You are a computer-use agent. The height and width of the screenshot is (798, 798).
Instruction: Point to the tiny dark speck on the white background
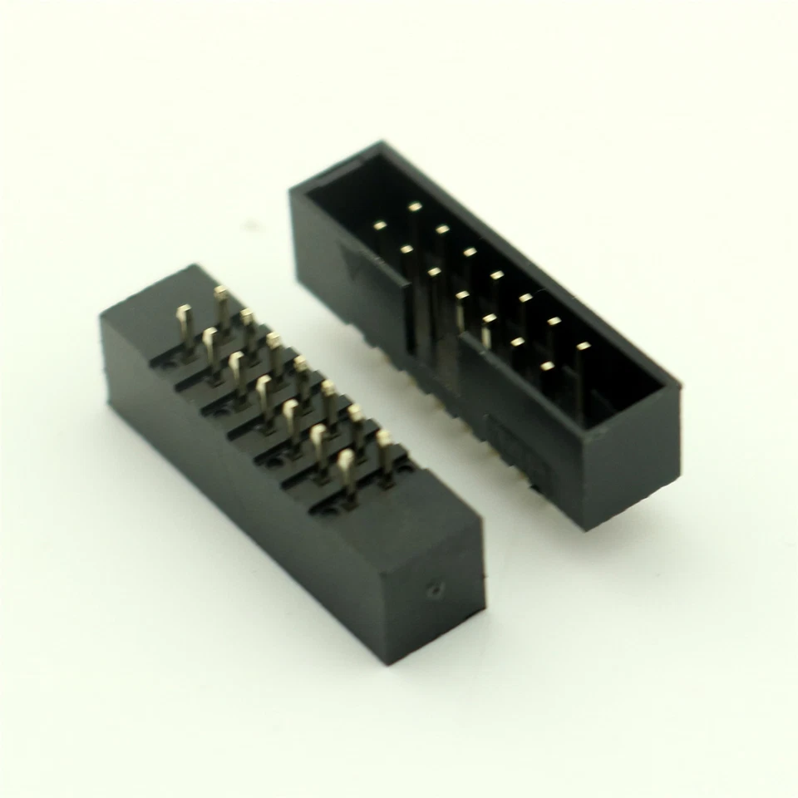pyautogui.click(x=248, y=225)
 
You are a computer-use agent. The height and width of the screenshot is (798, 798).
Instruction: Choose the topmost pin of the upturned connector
pyautogui.click(x=220, y=293)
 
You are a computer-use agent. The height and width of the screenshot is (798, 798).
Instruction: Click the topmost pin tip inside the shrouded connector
pyautogui.click(x=414, y=206)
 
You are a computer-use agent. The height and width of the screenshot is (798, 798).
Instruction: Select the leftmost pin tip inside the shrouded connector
pyautogui.click(x=380, y=224)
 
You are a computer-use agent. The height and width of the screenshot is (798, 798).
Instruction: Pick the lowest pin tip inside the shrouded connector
pyautogui.click(x=547, y=365)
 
